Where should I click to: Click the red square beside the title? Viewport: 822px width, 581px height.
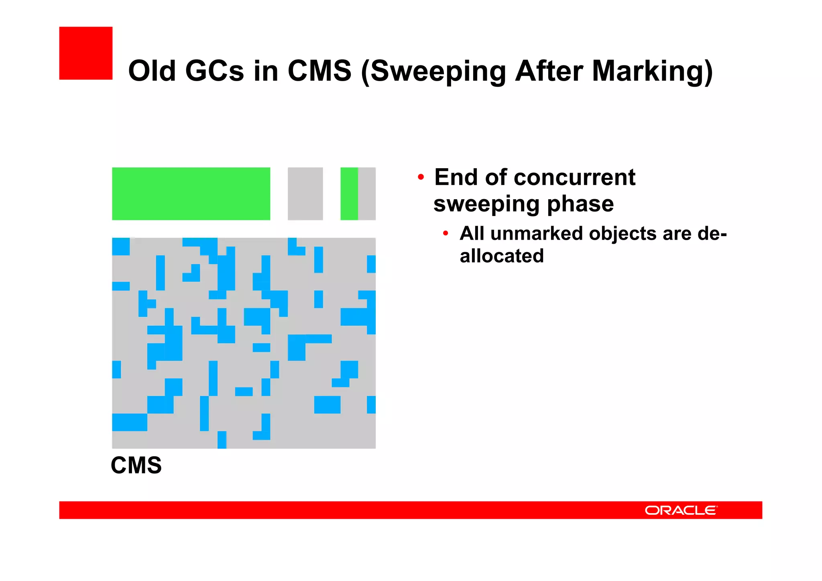click(85, 53)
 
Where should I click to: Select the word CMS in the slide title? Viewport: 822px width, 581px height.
click(319, 71)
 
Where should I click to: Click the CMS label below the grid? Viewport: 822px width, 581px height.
click(136, 465)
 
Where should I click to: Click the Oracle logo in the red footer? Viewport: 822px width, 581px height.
click(681, 510)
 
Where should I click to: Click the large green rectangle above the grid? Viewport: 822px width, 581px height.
click(191, 194)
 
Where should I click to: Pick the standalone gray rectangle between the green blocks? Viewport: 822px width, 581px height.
click(305, 194)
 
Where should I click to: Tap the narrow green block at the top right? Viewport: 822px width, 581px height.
click(349, 194)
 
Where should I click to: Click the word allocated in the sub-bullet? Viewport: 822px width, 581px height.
click(501, 256)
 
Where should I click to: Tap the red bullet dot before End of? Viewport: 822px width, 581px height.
click(421, 177)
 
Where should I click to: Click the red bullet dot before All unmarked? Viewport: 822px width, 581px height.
click(445, 233)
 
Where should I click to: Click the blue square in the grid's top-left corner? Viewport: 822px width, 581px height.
click(120, 246)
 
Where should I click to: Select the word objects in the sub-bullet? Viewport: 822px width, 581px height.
click(623, 234)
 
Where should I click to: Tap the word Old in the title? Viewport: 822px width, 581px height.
click(152, 71)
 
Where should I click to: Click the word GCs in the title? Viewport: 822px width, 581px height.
click(214, 71)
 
